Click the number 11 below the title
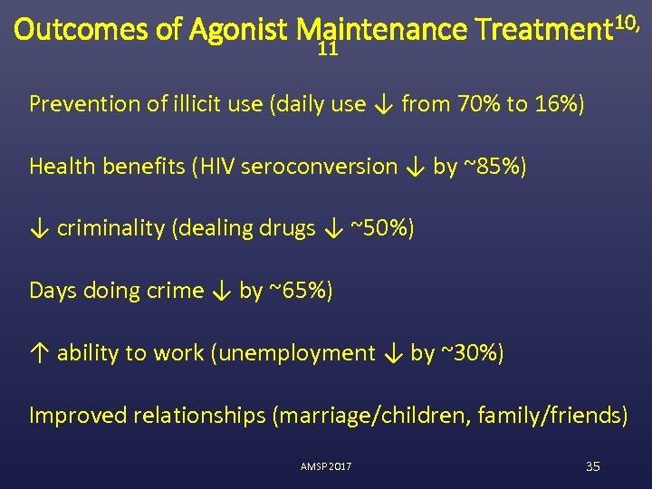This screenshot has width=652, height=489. coord(328,52)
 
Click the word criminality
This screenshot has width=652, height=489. coord(110,228)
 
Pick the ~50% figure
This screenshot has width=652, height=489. coord(384,228)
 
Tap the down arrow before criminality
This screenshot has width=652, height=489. coord(39,228)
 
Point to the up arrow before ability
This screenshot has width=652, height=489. coord(39,353)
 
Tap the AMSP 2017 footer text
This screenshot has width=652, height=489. coord(326,466)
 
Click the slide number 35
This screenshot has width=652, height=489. coord(593,466)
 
